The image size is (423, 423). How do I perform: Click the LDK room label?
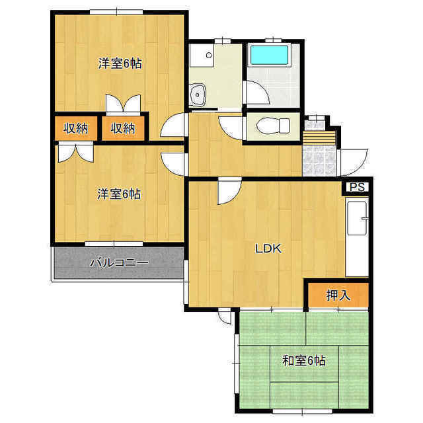(x=268, y=249)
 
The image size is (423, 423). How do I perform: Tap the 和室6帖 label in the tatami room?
(x=304, y=360)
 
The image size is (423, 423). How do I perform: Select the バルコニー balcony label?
(x=119, y=262)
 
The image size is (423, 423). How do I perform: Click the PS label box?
(x=357, y=186)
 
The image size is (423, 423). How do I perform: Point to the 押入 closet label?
(x=338, y=295)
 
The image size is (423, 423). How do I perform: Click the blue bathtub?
(x=270, y=55)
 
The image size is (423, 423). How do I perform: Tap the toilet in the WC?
(x=273, y=126)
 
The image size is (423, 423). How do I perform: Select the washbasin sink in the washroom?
(x=198, y=95)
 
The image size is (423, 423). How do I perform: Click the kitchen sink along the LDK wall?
(x=357, y=219)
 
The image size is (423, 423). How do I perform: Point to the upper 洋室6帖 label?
(x=120, y=63)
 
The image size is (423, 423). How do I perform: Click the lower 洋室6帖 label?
(x=119, y=194)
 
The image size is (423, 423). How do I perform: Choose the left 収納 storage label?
(x=76, y=128)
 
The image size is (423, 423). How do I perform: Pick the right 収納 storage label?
(x=123, y=128)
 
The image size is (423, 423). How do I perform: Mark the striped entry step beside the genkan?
(x=319, y=138)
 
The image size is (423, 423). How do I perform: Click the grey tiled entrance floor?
(x=320, y=161)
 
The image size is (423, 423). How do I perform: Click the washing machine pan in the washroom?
(x=202, y=55)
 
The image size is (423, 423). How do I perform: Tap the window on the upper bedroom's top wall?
(x=116, y=12)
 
